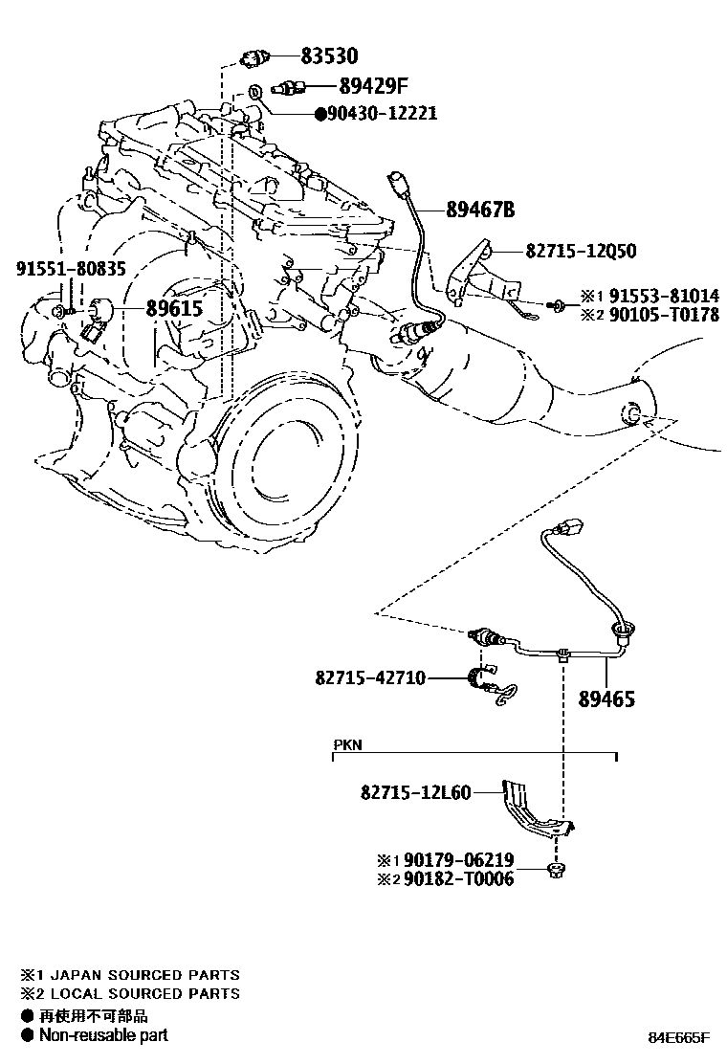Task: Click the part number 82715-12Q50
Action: (581, 252)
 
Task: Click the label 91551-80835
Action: (70, 270)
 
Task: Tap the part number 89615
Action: (177, 308)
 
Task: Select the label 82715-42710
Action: (368, 678)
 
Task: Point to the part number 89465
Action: (605, 699)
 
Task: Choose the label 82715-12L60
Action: (415, 792)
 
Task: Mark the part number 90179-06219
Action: (458, 860)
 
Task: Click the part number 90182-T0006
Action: (458, 878)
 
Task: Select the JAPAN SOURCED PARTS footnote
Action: (139, 975)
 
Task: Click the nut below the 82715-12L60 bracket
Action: (555, 869)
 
